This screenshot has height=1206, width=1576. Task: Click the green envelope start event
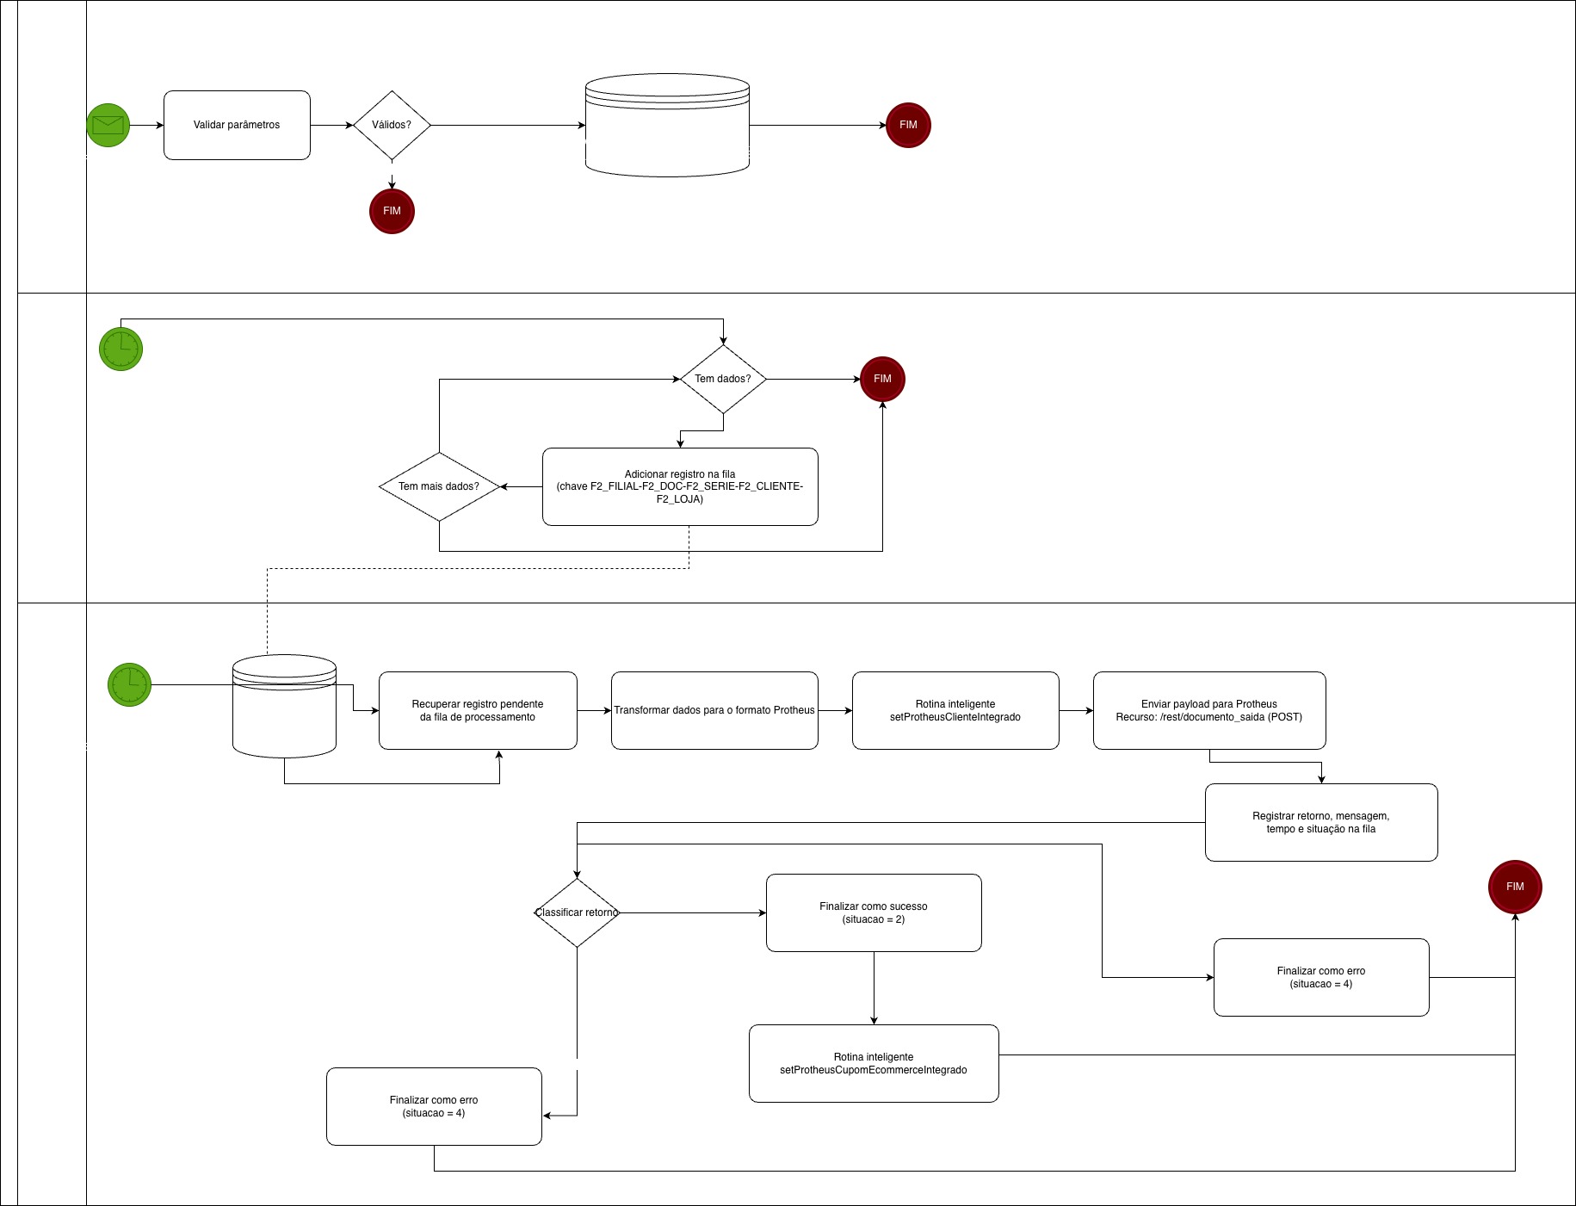[x=108, y=125]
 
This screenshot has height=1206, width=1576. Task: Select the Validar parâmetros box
[x=237, y=125]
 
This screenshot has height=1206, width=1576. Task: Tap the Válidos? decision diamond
[x=392, y=125]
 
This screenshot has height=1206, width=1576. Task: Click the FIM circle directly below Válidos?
[x=392, y=211]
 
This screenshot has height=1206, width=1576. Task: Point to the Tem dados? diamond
[x=723, y=379]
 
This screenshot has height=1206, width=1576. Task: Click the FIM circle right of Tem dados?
[x=882, y=379]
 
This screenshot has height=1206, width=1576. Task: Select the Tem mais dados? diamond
[x=439, y=486]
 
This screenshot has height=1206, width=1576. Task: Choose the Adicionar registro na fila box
[x=680, y=486]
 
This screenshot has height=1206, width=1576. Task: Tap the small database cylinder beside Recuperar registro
[x=284, y=706]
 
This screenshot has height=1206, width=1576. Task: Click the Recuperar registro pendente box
[x=478, y=710]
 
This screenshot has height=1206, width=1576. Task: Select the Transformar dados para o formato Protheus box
[x=714, y=710]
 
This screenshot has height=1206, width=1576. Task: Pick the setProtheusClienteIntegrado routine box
[x=955, y=710]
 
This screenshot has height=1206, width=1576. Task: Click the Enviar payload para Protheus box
[x=1209, y=710]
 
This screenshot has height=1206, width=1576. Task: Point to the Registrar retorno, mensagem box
[x=1321, y=822]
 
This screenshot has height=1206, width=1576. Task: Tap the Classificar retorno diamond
[x=577, y=912]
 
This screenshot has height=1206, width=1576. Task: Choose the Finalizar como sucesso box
[x=874, y=912]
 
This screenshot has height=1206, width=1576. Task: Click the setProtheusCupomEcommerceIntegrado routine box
[x=874, y=1063]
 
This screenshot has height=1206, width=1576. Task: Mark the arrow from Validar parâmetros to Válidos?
[x=331, y=125]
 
